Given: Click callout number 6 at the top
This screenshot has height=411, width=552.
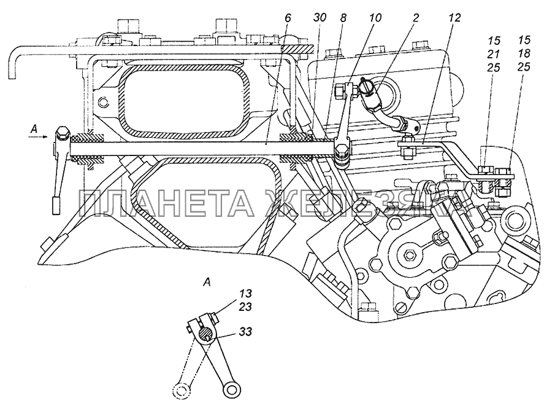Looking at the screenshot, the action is (x=288, y=18).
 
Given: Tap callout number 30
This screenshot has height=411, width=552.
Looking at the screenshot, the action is (x=320, y=18).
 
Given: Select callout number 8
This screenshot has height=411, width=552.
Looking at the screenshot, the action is (x=343, y=18).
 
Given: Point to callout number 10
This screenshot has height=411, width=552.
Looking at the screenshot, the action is (x=375, y=18).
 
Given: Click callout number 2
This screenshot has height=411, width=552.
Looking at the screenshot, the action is (x=415, y=18).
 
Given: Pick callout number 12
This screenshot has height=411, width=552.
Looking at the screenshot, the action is (x=454, y=18).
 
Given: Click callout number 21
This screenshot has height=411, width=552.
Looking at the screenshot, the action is (x=494, y=54).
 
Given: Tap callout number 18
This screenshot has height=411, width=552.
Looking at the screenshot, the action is (x=524, y=53).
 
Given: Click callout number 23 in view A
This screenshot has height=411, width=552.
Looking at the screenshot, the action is (x=246, y=307).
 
